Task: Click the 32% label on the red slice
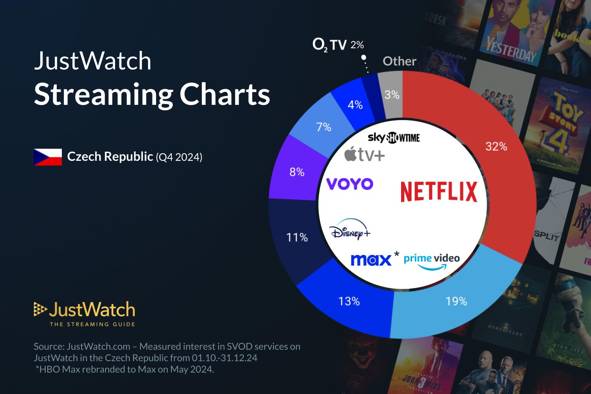[496, 147]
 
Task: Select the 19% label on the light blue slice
[456, 301]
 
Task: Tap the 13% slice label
[349, 301]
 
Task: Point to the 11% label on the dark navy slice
[297, 237]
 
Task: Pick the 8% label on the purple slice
[297, 172]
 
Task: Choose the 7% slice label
[323, 127]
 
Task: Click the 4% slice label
[355, 105]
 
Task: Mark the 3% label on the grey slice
[392, 95]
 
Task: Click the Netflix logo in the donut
[439, 191]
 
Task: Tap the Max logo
[371, 260]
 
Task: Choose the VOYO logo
[350, 184]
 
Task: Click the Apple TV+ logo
[364, 154]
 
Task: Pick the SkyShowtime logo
[394, 138]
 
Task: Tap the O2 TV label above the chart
[329, 45]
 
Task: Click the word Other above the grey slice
[400, 61]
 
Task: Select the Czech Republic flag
[48, 157]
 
